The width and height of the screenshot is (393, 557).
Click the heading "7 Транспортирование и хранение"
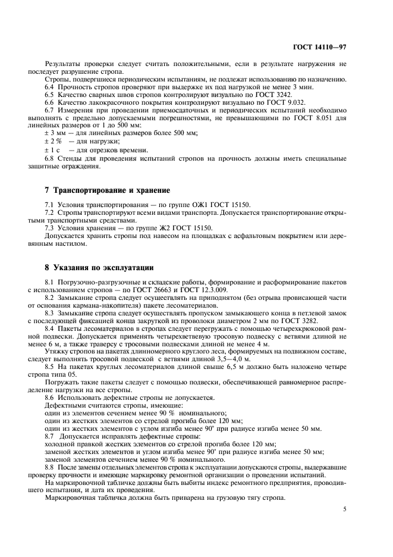[x=107, y=190]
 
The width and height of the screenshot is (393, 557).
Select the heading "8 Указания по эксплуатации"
[x=99, y=268]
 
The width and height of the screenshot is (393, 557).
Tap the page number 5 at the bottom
[x=345, y=509]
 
